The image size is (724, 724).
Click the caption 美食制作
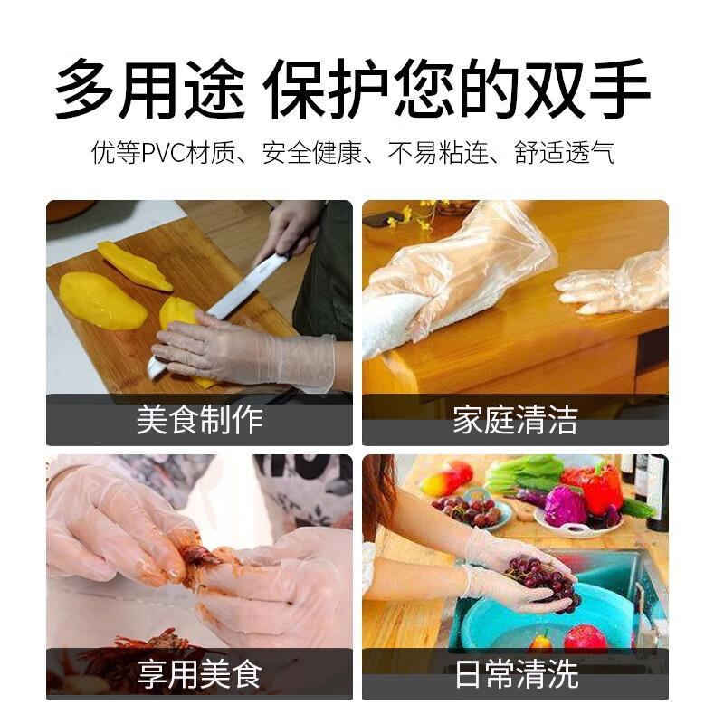tap(199, 420)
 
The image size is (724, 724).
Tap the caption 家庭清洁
tap(515, 420)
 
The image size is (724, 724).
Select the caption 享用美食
tap(199, 674)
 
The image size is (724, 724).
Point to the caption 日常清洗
tap(516, 674)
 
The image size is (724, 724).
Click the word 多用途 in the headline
tap(150, 89)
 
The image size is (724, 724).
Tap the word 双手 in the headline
tap(586, 89)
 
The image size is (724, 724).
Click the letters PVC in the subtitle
tap(163, 153)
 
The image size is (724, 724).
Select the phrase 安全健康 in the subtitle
tap(312, 152)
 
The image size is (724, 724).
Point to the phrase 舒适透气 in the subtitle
tap(565, 152)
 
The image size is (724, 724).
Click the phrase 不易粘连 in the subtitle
tap(439, 152)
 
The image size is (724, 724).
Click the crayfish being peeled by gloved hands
tap(198, 561)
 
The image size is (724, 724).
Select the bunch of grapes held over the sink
tap(544, 583)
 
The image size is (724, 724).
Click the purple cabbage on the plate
tap(566, 506)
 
